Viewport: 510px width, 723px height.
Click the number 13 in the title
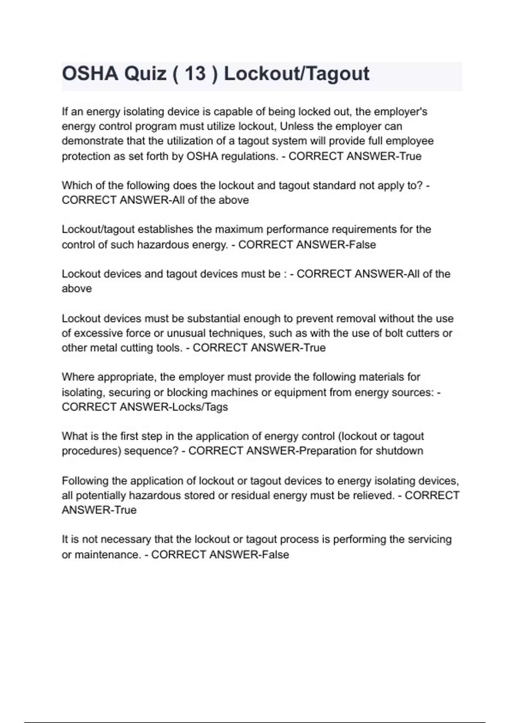pos(195,74)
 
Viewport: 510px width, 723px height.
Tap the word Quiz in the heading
pos(145,74)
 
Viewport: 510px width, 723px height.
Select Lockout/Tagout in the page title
pos(297,74)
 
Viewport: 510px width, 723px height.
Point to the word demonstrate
pos(89,141)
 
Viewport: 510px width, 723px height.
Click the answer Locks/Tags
pos(199,407)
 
